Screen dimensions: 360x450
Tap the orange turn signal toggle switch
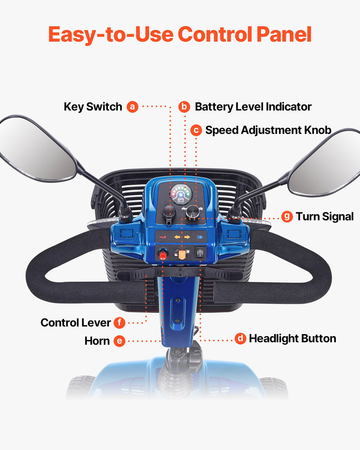[181, 255]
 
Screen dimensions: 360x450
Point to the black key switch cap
[169, 213]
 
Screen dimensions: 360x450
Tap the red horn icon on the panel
[162, 237]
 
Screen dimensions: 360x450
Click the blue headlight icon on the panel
[200, 237]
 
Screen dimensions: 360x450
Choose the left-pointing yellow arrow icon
[177, 237]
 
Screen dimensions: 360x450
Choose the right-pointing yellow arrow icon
[187, 237]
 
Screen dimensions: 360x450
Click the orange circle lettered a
[133, 107]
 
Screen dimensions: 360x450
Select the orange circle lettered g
[287, 216]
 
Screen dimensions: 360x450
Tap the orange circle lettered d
[240, 338]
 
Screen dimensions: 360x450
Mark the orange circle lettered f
[120, 322]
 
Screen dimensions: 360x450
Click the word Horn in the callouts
[97, 341]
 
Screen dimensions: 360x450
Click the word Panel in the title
[284, 34]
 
